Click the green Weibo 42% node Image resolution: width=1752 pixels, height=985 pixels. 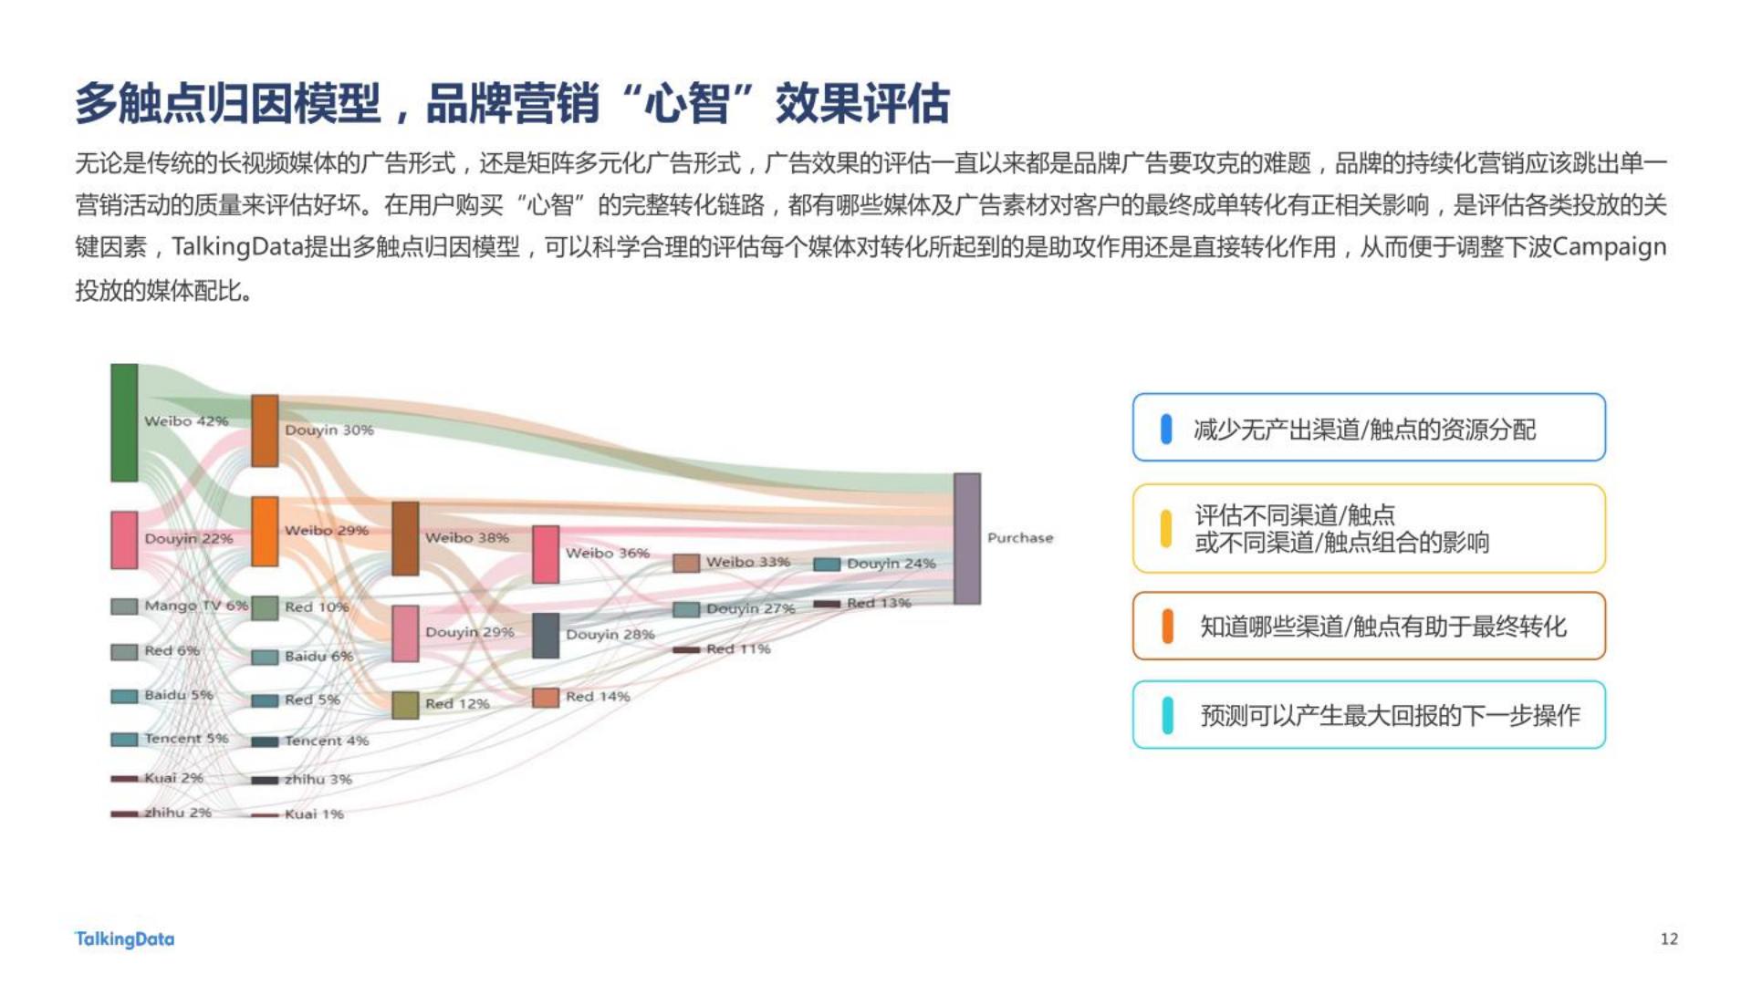(124, 422)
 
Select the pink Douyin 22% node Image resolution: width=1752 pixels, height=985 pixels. (124, 540)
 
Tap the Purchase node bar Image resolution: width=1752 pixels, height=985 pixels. (967, 538)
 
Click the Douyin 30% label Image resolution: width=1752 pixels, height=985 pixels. (329, 430)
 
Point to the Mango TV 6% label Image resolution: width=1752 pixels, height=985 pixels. (195, 606)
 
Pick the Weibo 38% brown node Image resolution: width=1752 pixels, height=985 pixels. (405, 538)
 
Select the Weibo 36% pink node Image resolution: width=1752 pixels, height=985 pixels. (546, 554)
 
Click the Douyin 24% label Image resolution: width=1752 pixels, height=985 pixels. (892, 564)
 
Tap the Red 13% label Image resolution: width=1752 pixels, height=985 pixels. (879, 603)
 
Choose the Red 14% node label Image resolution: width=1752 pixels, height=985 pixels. (598, 696)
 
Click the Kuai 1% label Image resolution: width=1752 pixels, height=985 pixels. (314, 814)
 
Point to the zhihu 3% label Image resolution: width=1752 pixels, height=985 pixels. (318, 779)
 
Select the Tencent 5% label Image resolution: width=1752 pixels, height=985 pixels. (186, 738)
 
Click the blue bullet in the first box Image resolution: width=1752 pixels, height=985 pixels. (1166, 429)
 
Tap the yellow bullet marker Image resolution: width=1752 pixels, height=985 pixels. (1166, 529)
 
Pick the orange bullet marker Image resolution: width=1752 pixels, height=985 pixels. (1167, 627)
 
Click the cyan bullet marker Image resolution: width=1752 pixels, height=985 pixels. (1167, 715)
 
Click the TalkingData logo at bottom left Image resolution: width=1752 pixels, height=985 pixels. (124, 939)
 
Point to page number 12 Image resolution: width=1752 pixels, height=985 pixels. (1669, 938)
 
